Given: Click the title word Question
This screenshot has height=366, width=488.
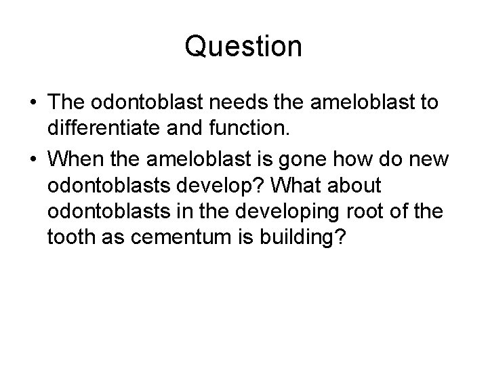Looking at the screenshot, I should pos(243,46).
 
